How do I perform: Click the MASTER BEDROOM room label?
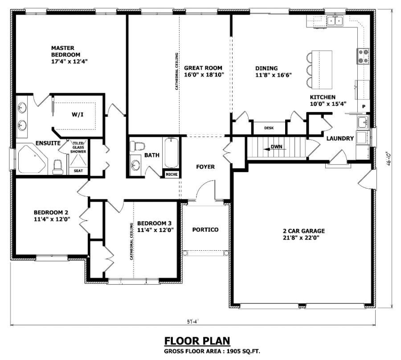click(68, 51)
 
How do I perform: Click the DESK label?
click(269, 128)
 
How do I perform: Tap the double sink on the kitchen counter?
click(334, 20)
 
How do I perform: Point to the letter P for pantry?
click(364, 107)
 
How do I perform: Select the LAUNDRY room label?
click(340, 138)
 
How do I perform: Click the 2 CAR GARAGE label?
click(303, 231)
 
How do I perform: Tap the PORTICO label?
click(205, 230)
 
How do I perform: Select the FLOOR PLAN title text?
click(197, 341)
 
